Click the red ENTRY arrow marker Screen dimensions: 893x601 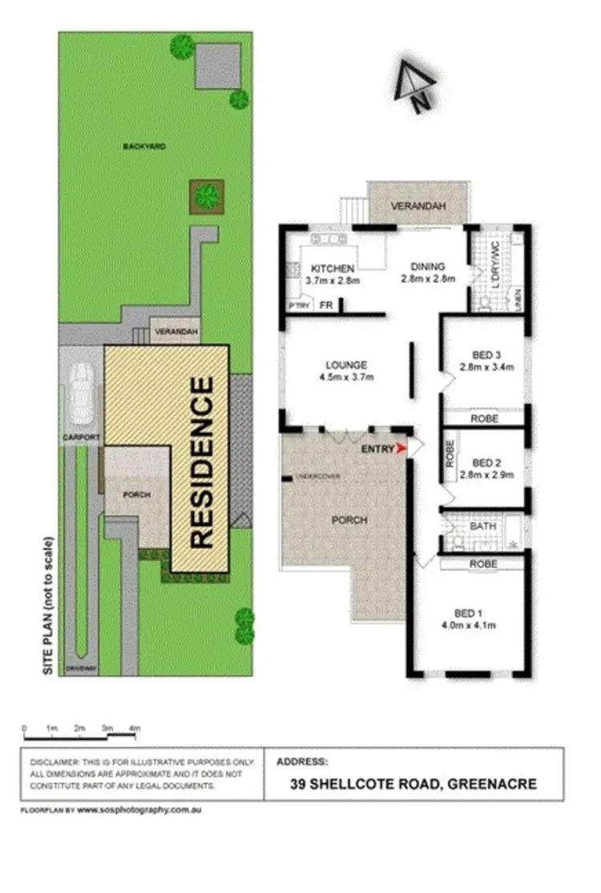click(402, 449)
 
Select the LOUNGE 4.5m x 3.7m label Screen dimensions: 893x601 click(346, 370)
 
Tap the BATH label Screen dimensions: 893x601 click(482, 527)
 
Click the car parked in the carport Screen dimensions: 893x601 click(81, 394)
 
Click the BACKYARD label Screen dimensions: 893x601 click(144, 147)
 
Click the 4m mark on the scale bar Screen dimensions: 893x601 click(136, 728)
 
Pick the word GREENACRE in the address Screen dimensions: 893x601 click(494, 784)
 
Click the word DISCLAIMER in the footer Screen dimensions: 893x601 click(53, 761)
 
